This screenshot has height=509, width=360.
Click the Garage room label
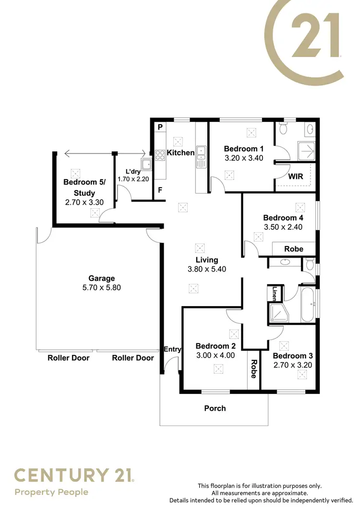[101, 278]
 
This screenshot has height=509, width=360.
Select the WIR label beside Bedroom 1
[295, 177]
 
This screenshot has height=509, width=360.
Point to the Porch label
[215, 408]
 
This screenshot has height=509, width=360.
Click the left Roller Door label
[68, 358]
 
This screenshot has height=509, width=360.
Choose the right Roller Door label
[133, 358]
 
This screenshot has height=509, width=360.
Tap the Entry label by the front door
[172, 349]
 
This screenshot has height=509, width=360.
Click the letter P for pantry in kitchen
[160, 127]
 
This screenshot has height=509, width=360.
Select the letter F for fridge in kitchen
[160, 190]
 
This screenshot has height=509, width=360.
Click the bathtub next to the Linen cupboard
[307, 304]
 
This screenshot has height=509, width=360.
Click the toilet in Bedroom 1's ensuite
[284, 129]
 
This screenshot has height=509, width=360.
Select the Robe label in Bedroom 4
[294, 249]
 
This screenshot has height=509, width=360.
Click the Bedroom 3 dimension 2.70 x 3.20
[293, 365]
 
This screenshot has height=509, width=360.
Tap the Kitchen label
[180, 153]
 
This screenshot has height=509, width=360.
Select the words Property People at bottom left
[51, 492]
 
